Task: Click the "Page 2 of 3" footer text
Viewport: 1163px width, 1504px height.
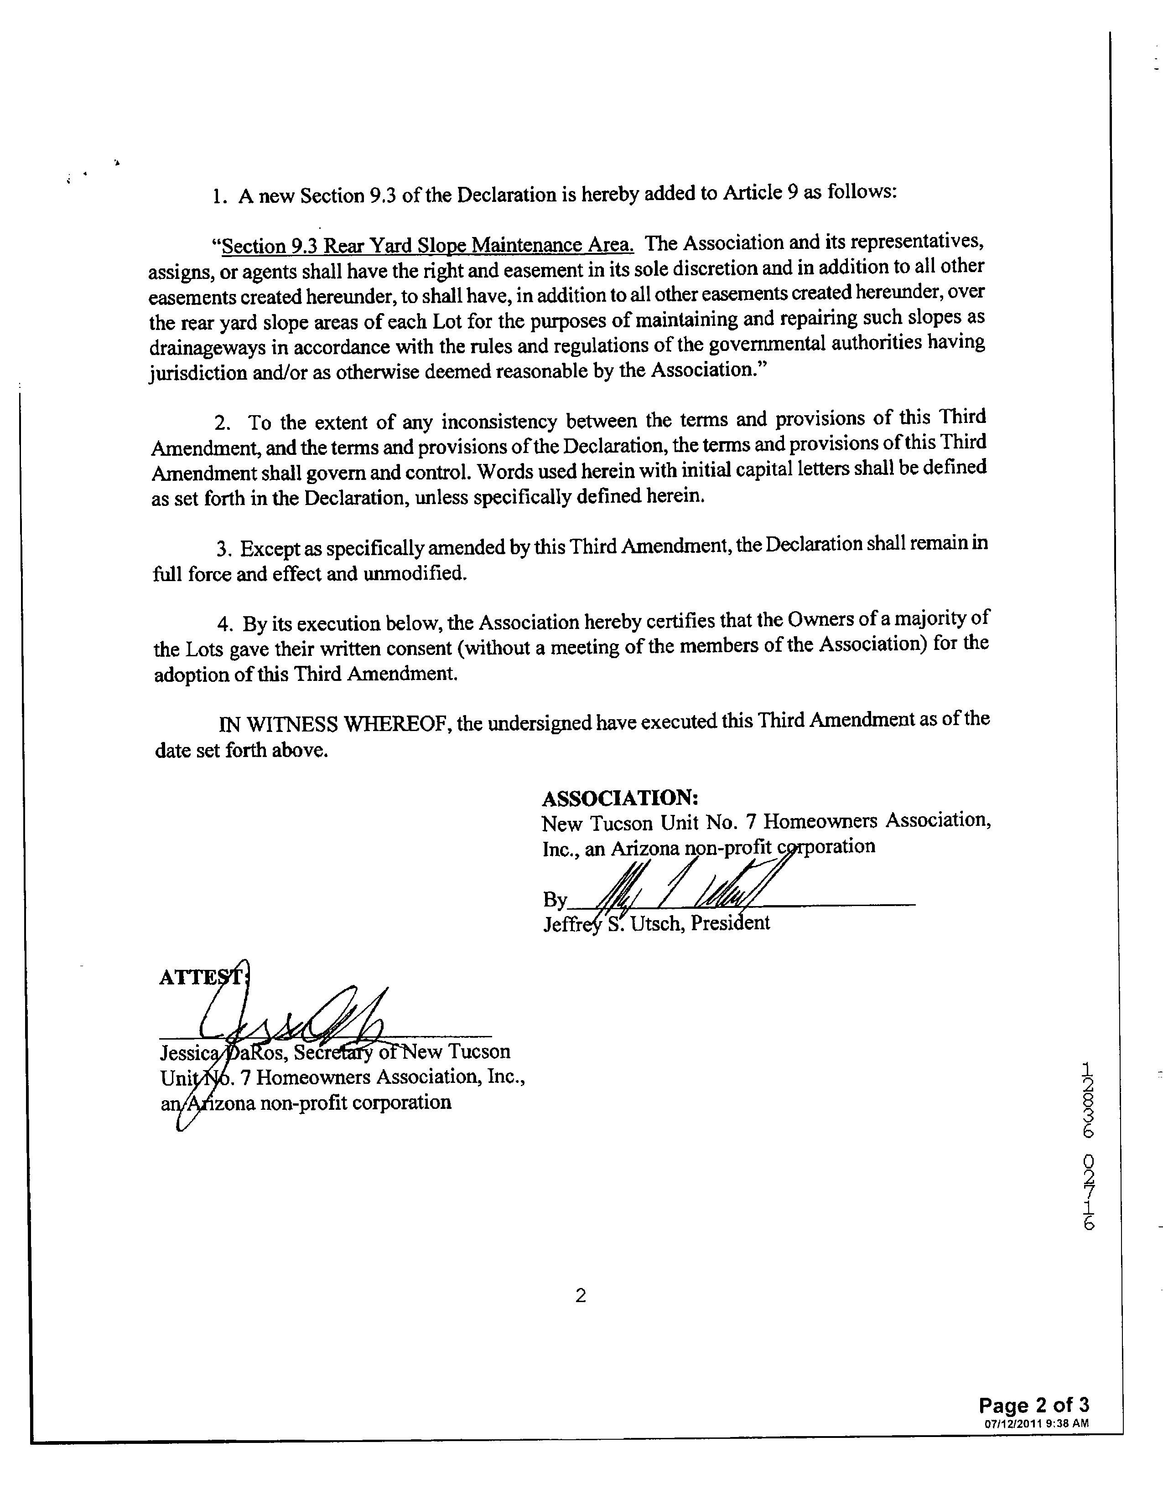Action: [1033, 1405]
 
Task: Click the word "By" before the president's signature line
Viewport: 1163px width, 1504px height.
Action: [555, 899]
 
